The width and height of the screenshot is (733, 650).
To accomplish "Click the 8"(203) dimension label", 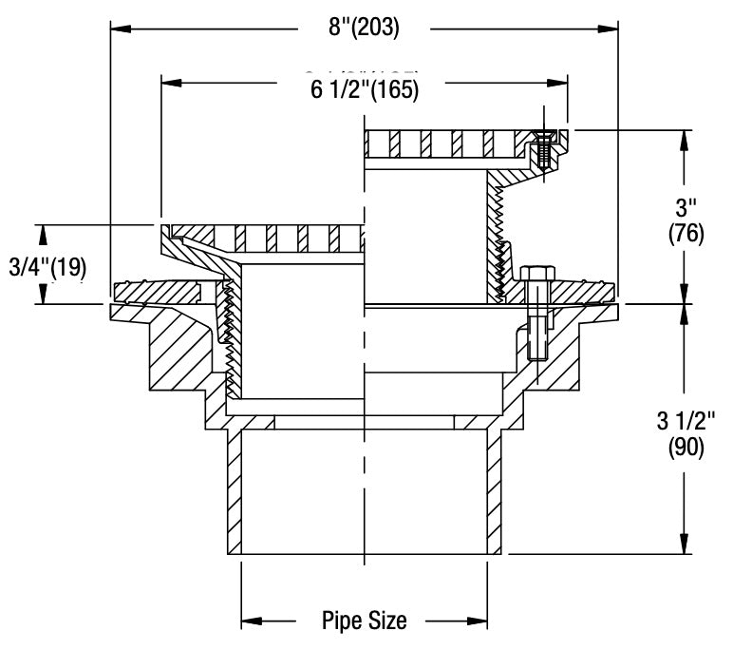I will click(364, 28).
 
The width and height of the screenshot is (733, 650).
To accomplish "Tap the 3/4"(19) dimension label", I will click(47, 267).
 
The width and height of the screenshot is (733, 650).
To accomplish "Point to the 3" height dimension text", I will click(685, 206).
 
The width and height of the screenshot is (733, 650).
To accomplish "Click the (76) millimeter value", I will click(686, 233).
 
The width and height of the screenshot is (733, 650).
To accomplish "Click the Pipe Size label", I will click(365, 622).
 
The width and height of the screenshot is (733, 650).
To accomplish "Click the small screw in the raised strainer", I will click(542, 149).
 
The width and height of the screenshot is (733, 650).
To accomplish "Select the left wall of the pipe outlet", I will click(234, 494).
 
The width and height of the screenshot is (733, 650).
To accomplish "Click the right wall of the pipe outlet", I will click(496, 494).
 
